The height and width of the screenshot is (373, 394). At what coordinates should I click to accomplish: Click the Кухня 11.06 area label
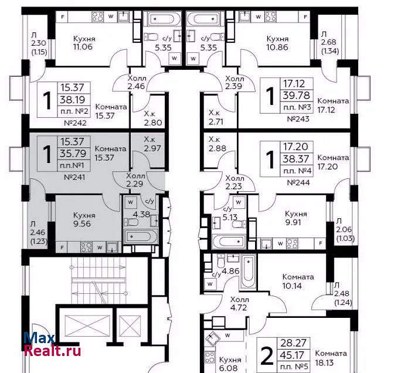84,43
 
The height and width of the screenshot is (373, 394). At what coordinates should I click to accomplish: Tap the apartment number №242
76,123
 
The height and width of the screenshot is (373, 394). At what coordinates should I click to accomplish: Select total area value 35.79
73,153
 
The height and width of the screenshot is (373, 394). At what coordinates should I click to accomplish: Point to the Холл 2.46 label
137,82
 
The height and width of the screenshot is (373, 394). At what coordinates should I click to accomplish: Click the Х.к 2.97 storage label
152,144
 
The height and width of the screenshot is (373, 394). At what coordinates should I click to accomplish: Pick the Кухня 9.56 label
84,219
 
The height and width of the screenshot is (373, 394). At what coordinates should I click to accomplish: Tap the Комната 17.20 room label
333,162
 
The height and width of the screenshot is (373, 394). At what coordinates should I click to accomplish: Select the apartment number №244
298,183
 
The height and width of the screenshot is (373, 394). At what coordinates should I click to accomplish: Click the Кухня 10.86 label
277,43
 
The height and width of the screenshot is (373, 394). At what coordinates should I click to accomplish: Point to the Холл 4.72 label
239,304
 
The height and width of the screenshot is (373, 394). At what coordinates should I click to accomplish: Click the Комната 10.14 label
298,282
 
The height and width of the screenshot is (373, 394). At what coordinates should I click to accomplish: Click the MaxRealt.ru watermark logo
52,344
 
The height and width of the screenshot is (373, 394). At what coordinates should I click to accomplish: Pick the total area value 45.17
293,355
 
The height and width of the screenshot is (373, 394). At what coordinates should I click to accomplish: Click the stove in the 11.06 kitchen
97,17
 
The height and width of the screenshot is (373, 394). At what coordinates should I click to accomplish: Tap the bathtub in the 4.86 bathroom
248,271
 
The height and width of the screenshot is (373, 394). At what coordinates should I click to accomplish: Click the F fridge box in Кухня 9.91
320,243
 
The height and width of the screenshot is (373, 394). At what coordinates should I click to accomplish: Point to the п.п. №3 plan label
297,107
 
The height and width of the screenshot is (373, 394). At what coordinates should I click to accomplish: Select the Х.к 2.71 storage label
216,117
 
